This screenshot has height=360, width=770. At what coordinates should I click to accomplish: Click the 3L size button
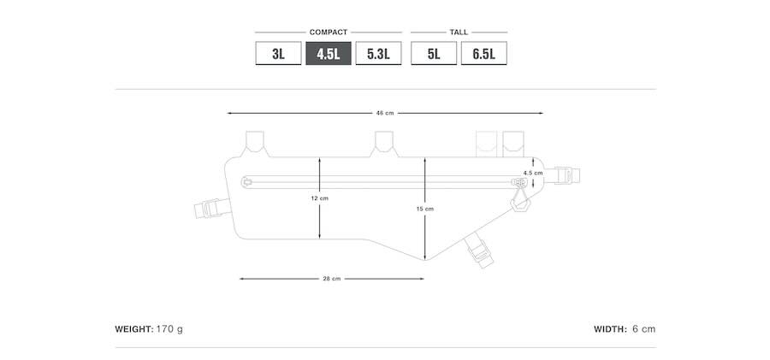coord(278,53)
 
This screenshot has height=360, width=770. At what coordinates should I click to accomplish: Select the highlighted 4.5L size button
coord(329,53)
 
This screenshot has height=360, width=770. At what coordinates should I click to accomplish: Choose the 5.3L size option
coord(379,53)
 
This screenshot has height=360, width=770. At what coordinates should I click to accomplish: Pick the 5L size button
coord(434,53)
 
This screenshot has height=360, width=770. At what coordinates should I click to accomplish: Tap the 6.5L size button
coord(483,53)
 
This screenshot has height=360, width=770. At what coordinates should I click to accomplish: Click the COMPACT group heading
coord(328,32)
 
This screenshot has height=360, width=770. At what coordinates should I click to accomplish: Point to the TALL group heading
coord(459,32)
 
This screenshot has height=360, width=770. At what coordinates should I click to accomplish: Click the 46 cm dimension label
coord(385,113)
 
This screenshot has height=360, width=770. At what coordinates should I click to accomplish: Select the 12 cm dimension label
coord(319,198)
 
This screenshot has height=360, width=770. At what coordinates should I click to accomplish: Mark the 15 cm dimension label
coord(425,209)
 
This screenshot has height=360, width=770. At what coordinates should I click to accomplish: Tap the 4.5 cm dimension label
coord(533,173)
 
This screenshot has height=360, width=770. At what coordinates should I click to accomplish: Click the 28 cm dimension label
coord(331,279)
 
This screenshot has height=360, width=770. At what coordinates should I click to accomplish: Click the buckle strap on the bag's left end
coord(212,209)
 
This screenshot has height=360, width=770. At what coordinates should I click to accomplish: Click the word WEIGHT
coord(134,329)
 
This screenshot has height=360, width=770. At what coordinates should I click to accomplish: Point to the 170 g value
coord(170,329)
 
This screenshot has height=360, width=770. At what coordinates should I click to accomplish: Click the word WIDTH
coord(610,329)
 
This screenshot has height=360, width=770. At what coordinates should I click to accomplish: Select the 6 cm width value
coord(643,329)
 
